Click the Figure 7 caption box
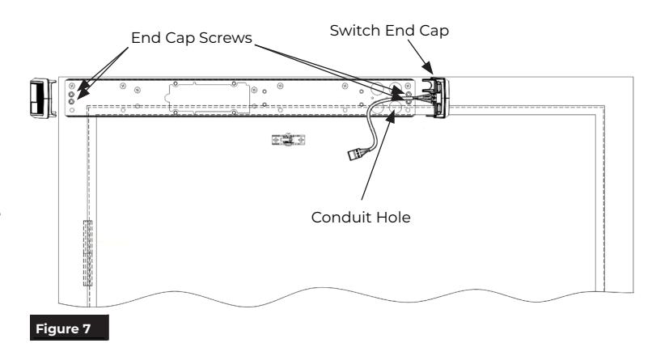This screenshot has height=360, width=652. tap(70, 328)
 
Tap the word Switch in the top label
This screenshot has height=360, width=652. tap(354, 31)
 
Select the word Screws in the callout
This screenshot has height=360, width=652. tap(226, 38)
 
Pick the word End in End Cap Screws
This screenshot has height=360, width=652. tap(146, 38)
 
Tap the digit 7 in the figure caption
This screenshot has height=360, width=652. tap(86, 328)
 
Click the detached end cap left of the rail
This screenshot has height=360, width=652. tap(43, 99)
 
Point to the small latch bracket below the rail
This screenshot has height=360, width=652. tap(288, 140)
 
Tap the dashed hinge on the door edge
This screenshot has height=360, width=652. tap(87, 253)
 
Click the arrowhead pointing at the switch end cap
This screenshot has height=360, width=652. tap(428, 69)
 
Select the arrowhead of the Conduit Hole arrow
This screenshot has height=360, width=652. tap(392, 116)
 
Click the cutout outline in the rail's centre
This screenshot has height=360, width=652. tap(208, 98)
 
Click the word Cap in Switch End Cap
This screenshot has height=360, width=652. tap(434, 31)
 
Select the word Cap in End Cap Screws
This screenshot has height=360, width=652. tap(180, 38)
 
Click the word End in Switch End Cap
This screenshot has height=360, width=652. tap(399, 31)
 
